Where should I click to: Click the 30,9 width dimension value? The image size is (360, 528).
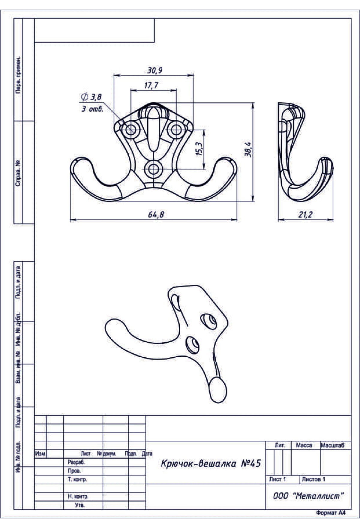click(x=154, y=70)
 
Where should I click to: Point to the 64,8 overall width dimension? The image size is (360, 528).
click(x=156, y=214)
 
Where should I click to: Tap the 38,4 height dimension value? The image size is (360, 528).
click(x=248, y=149)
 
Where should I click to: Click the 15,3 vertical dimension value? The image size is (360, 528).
click(x=199, y=148)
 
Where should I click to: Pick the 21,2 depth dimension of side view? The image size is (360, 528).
click(x=305, y=214)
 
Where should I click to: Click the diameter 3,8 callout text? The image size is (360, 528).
click(x=91, y=97)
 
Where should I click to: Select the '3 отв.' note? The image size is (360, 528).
click(x=93, y=109)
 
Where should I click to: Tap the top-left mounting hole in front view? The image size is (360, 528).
click(x=131, y=130)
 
